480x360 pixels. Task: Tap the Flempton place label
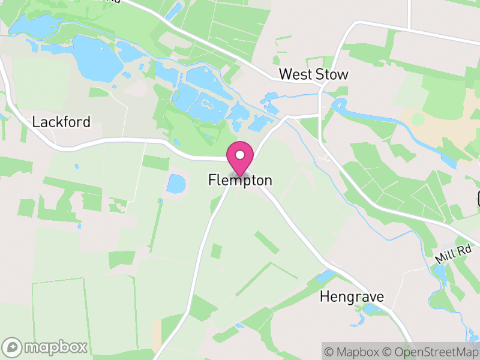[240, 180]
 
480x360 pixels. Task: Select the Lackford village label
[61, 122]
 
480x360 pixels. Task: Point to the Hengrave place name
[352, 296]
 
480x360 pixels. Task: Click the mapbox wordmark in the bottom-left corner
[55, 347]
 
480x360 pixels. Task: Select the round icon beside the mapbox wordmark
[13, 347]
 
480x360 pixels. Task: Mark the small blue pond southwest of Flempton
[176, 184]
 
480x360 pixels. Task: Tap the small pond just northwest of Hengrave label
[326, 277]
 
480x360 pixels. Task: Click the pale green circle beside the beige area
[418, 119]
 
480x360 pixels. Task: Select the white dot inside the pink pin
[240, 155]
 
